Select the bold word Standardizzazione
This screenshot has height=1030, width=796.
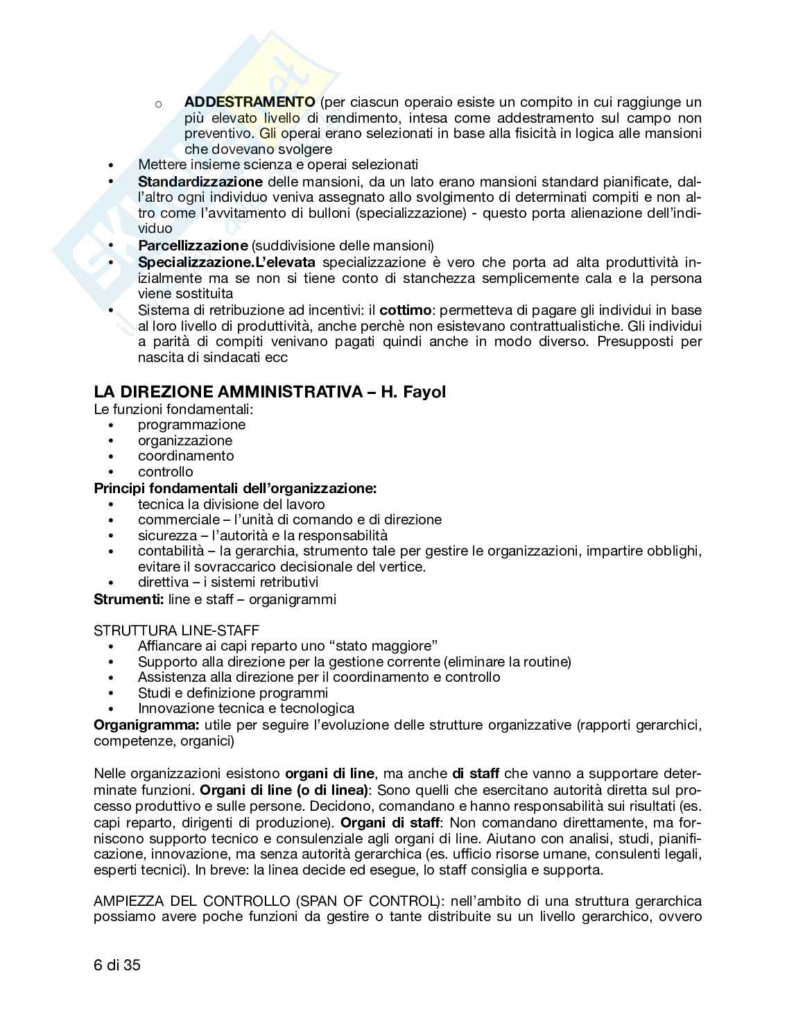[x=200, y=182]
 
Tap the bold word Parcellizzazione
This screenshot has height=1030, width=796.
[x=192, y=246]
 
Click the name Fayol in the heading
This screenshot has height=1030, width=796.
[x=423, y=392]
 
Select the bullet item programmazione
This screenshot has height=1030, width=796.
[x=191, y=424]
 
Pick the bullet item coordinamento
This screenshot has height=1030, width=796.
[x=186, y=456]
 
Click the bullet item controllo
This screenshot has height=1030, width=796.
[x=165, y=472]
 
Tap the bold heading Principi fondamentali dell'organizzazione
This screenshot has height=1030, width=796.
[x=235, y=488]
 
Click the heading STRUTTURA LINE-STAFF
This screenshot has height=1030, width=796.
[x=176, y=630]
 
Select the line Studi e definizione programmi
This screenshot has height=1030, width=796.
[x=232, y=693]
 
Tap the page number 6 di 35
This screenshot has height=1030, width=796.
[x=117, y=964]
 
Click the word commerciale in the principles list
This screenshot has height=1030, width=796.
[x=171, y=520]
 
